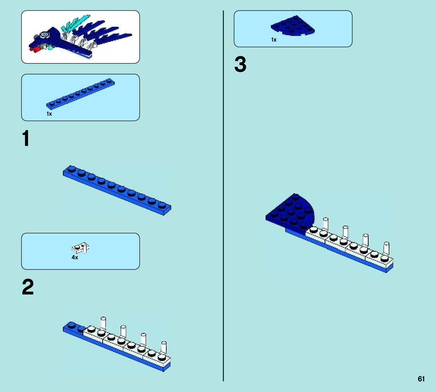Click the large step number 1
tap(26, 139)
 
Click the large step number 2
tap(28, 288)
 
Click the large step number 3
tap(240, 65)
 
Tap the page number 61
tap(421, 379)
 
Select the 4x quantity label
tap(75, 257)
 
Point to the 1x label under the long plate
tap(49, 114)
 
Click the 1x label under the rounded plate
tap(273, 40)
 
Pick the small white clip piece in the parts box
tap(80, 248)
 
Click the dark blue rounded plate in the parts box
tap(292, 26)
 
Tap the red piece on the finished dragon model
tap(34, 49)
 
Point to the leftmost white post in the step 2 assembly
tap(103, 322)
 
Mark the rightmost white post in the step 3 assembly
tap(386, 248)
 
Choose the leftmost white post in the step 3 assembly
tap(325, 223)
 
